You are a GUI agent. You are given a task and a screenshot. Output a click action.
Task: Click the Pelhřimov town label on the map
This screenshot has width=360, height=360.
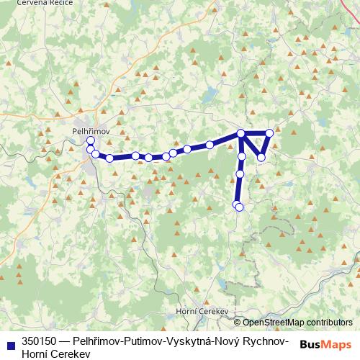click(x=90, y=130)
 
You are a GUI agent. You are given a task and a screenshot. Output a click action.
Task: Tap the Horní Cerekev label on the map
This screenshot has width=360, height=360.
click(x=202, y=312)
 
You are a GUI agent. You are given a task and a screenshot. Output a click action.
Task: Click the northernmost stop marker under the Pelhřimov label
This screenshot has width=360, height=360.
click(x=90, y=140)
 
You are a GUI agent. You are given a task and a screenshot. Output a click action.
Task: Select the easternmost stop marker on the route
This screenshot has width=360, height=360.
click(x=269, y=132)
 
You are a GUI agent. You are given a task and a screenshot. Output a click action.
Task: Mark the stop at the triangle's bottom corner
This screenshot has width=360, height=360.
click(x=261, y=157)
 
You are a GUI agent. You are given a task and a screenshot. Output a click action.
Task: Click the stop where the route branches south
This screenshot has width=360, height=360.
click(x=241, y=133)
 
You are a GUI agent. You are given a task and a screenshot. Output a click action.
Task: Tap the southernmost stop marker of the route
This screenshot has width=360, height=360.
click(x=239, y=207)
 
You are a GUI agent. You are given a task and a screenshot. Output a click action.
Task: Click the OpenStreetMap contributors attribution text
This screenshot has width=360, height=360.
click(x=297, y=323)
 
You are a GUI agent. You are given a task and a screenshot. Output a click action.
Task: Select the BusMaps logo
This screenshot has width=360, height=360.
click(x=325, y=344)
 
